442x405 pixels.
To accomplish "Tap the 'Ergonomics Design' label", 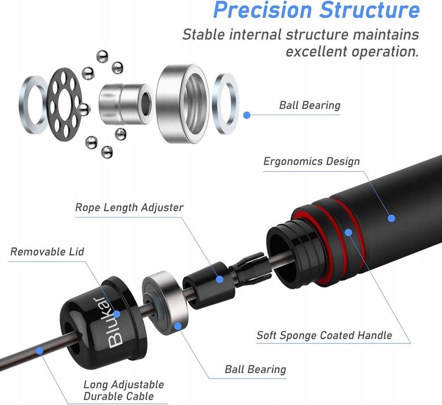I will click(x=311, y=161).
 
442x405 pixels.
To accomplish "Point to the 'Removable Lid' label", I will click(x=47, y=252).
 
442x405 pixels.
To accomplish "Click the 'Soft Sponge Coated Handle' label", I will click(x=324, y=335).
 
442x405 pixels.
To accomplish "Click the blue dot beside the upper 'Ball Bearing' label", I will click(x=246, y=115).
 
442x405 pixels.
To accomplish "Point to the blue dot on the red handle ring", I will click(x=348, y=233).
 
